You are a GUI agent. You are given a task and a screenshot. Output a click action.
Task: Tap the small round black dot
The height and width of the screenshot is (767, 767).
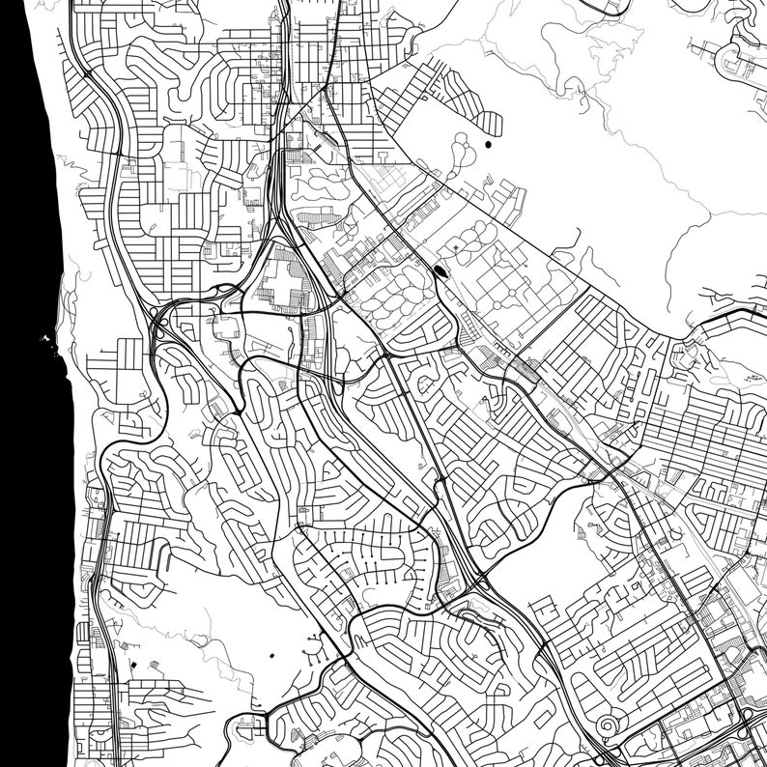[488, 145]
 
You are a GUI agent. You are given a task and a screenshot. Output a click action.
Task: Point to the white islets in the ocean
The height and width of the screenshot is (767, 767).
[45, 339]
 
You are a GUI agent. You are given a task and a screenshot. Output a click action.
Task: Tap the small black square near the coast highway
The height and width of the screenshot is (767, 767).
[133, 666]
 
